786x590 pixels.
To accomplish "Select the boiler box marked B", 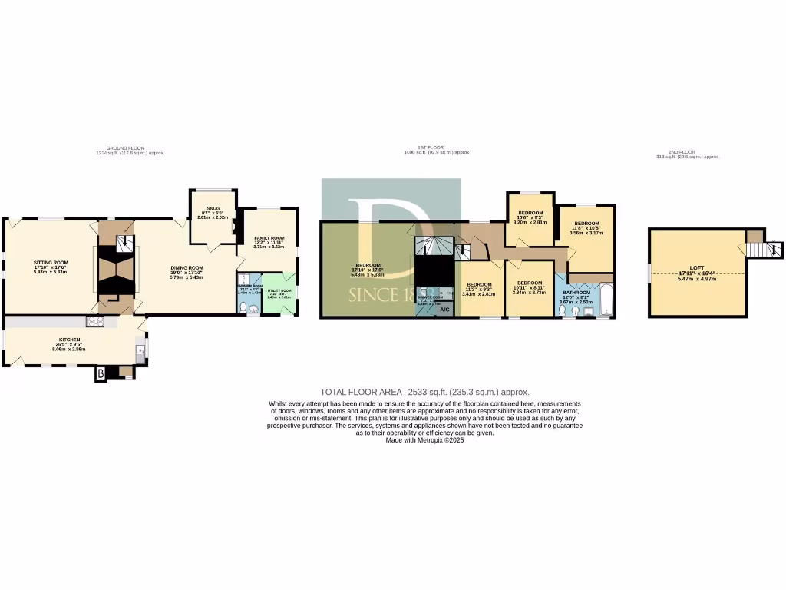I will (x=100, y=374).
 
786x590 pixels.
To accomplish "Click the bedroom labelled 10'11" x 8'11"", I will (x=529, y=287).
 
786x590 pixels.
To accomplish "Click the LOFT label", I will (x=697, y=268).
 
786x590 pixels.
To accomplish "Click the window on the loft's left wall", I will (x=649, y=272).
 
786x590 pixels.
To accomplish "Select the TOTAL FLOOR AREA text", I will (x=424, y=392).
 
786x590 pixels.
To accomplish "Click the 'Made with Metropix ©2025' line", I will (x=424, y=439).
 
